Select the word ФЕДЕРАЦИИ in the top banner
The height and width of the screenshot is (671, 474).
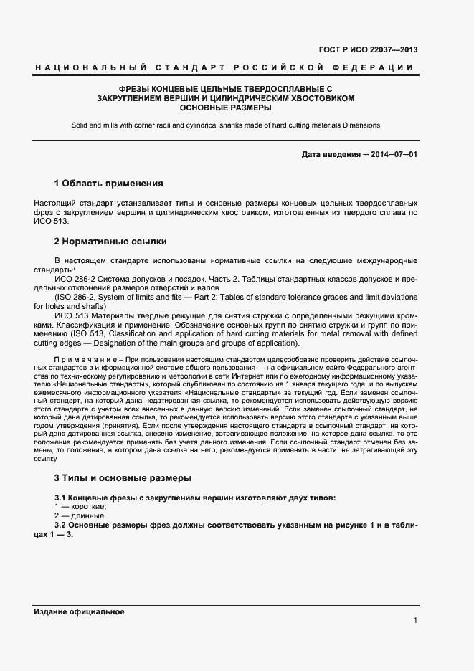point(377,67)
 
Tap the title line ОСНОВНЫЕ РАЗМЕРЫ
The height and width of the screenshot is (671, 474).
point(225,108)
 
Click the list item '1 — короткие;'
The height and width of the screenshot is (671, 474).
point(80,506)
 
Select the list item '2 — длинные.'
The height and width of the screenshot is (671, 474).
point(80,515)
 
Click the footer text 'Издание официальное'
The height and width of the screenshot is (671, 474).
point(79,611)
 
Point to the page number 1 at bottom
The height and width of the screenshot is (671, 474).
point(415,621)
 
